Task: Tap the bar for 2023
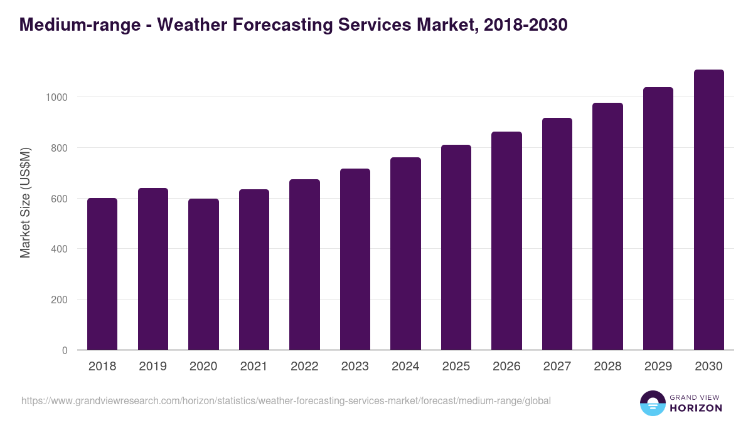355,259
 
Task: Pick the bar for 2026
506,241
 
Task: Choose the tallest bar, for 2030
708,210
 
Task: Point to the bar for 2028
607,226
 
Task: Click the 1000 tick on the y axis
56,97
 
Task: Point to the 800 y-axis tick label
59,148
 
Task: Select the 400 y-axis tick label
59,249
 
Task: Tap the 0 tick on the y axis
65,350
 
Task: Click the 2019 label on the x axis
153,367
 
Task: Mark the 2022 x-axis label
304,367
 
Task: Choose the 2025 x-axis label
456,367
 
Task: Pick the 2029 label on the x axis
658,367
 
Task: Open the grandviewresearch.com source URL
286,400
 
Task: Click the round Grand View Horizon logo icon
652,403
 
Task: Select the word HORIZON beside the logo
696,408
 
